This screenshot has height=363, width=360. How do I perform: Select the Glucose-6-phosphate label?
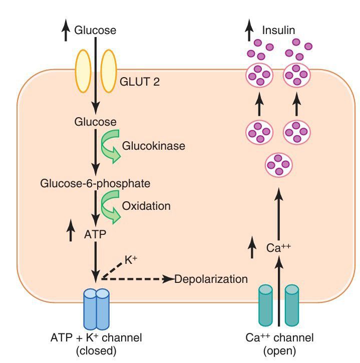[x=95, y=184]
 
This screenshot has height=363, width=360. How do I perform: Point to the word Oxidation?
[x=146, y=206]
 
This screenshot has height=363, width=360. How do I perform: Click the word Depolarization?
[x=211, y=279]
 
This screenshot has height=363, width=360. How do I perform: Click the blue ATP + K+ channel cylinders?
[x=96, y=308]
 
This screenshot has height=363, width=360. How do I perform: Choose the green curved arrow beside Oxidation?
[x=111, y=206]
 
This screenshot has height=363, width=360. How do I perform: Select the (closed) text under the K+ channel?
[x=96, y=350]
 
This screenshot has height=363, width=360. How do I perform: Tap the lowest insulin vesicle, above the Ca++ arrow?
[x=278, y=164]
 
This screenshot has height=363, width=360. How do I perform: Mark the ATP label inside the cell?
[x=95, y=233]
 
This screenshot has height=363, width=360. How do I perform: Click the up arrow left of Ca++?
[x=251, y=247]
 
